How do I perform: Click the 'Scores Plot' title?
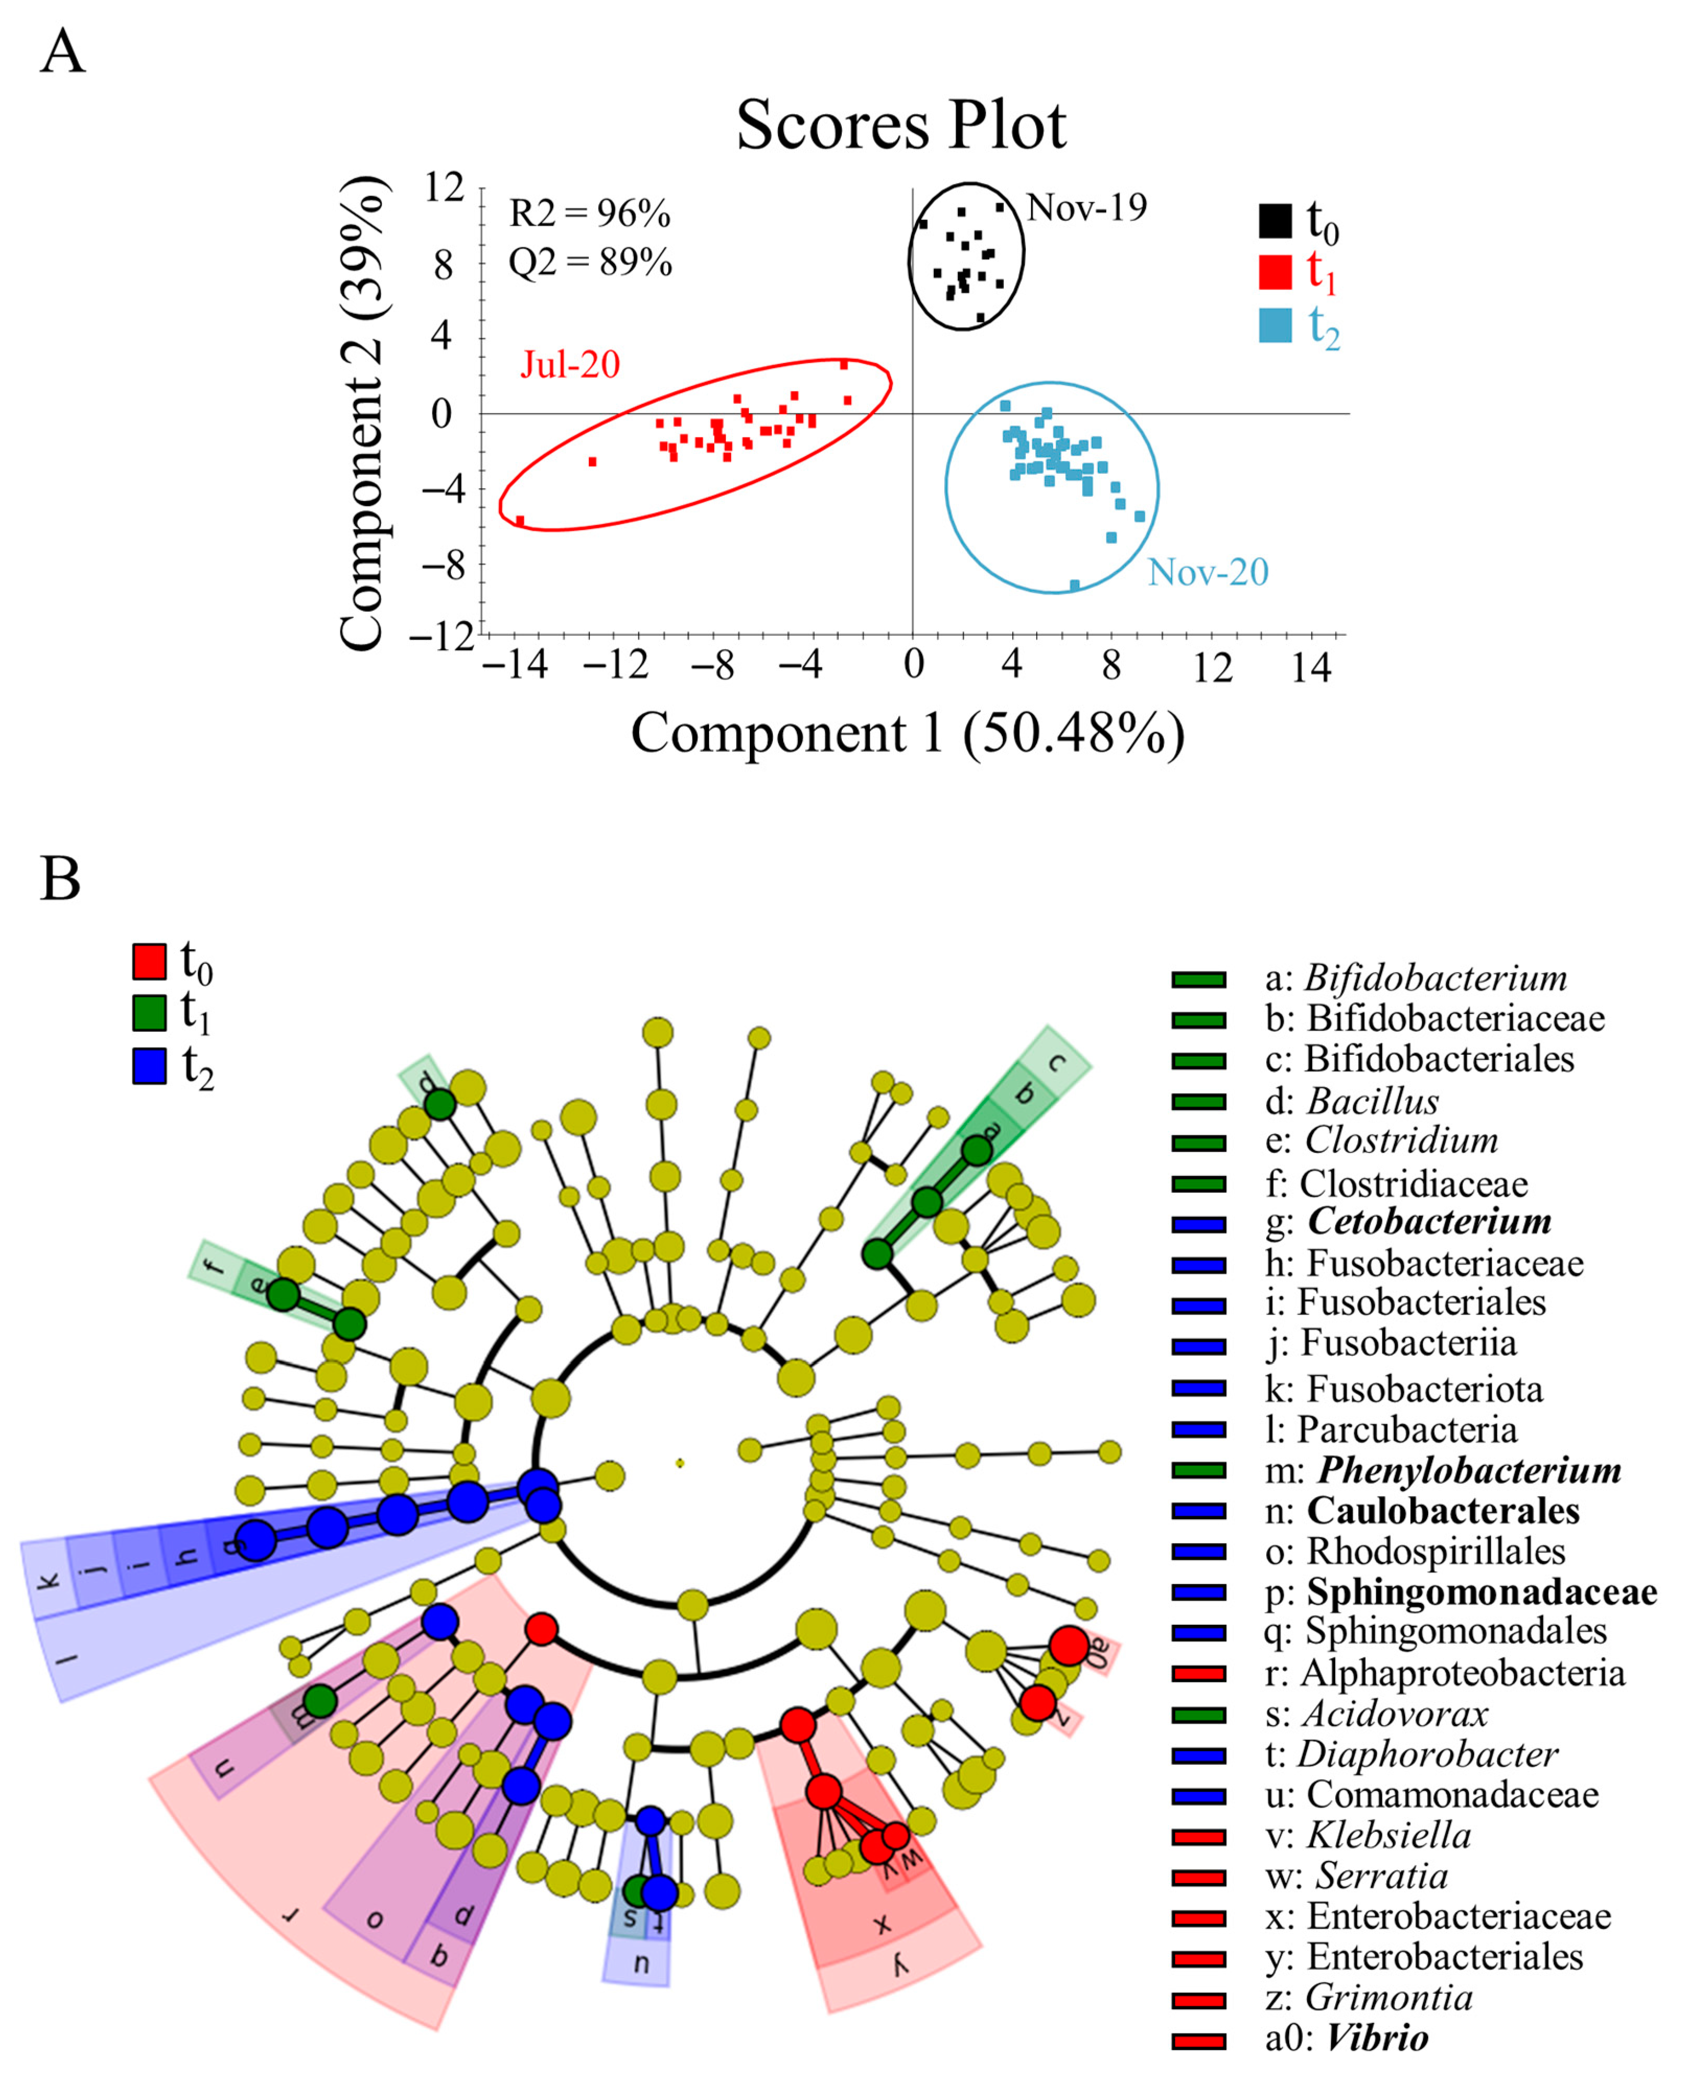[x=900, y=126]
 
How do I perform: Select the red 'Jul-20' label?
[x=570, y=365]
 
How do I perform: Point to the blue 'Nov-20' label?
[x=1208, y=572]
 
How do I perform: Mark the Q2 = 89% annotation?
[x=590, y=262]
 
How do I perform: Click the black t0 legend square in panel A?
[x=1274, y=220]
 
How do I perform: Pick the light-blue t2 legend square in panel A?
[x=1274, y=325]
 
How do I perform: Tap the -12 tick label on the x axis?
[x=617, y=667]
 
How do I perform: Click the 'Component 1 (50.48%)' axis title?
[x=907, y=732]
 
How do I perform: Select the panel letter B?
[x=60, y=879]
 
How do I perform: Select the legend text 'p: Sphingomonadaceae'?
[x=1461, y=1592]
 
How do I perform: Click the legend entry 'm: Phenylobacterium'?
[x=1443, y=1470]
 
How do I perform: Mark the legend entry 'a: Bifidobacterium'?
[x=1416, y=978]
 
